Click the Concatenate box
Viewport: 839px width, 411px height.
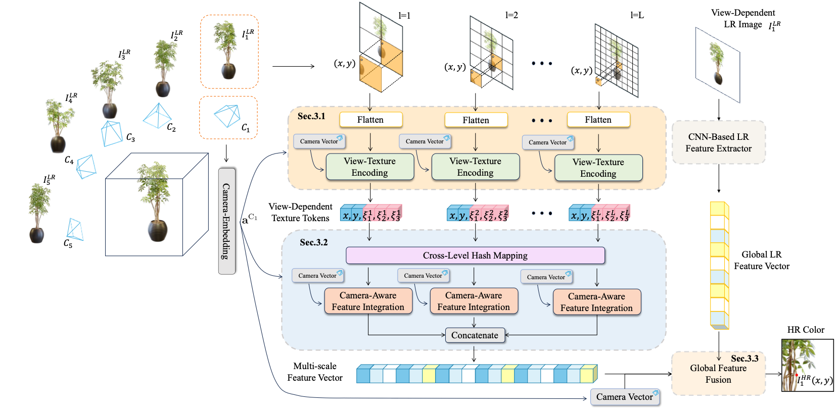point(475,335)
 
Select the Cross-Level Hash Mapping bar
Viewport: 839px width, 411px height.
point(475,255)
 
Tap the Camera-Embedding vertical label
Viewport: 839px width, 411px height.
point(226,221)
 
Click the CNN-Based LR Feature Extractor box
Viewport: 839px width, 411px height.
point(718,142)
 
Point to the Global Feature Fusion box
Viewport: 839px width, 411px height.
point(718,374)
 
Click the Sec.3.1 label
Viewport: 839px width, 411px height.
point(311,116)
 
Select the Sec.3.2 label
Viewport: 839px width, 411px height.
point(313,242)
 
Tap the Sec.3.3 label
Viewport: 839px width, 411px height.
point(744,358)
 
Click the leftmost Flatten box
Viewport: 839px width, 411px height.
point(370,120)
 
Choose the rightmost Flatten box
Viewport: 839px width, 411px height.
point(598,120)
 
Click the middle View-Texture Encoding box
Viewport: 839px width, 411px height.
point(475,167)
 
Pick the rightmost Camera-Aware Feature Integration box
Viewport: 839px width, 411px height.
point(596,302)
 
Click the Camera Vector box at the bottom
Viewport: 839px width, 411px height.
point(625,397)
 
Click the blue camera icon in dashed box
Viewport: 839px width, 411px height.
point(227,116)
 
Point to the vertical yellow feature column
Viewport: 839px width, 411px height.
point(719,266)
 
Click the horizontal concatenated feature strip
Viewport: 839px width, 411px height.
point(477,374)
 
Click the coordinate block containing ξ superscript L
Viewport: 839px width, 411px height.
point(600,213)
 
